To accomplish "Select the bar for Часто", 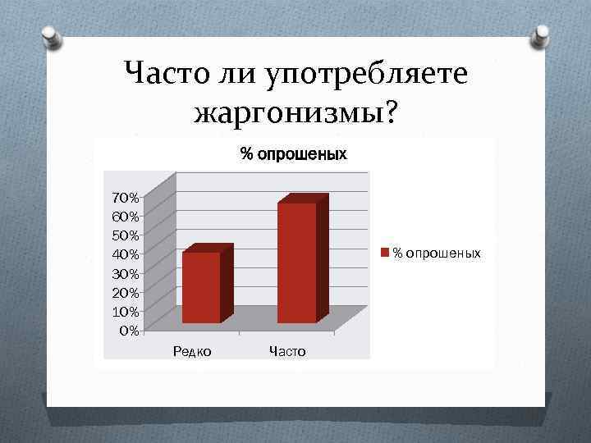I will coord(296,263).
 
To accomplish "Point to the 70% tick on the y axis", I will coord(126,198).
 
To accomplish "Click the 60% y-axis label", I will coord(126,217).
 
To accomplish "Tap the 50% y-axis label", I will coord(126,235).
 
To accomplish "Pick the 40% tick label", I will coord(126,254).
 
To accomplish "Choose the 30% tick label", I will coord(126,273).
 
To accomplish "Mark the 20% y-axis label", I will coord(126,292).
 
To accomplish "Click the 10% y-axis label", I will coord(126,312).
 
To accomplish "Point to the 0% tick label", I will coord(129,331).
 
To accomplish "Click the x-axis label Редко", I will coord(192,351).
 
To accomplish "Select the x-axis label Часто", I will coord(287,351).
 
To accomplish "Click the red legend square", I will coord(387,253).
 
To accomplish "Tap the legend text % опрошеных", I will coord(437,253).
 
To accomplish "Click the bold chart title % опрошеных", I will coord(293,153).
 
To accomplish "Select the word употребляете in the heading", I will coord(366,75).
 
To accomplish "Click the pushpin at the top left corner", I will coord(50,35).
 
